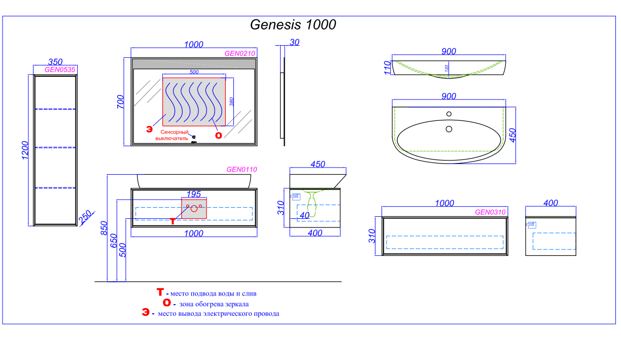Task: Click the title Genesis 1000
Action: pyautogui.click(x=293, y=25)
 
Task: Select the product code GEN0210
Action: pyautogui.click(x=239, y=53)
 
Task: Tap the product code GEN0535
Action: pyautogui.click(x=60, y=70)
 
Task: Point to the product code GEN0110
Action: pyautogui.click(x=241, y=170)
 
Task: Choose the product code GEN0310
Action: pyautogui.click(x=490, y=212)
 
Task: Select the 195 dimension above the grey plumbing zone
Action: pyautogui.click(x=194, y=194)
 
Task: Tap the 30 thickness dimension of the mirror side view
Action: pyautogui.click(x=294, y=43)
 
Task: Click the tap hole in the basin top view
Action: pyautogui.click(x=448, y=114)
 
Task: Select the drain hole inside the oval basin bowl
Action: pyautogui.click(x=448, y=129)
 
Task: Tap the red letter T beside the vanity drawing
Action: pyautogui.click(x=173, y=221)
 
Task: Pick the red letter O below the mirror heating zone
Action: pyautogui.click(x=219, y=135)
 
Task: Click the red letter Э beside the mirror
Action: pyautogui.click(x=149, y=129)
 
